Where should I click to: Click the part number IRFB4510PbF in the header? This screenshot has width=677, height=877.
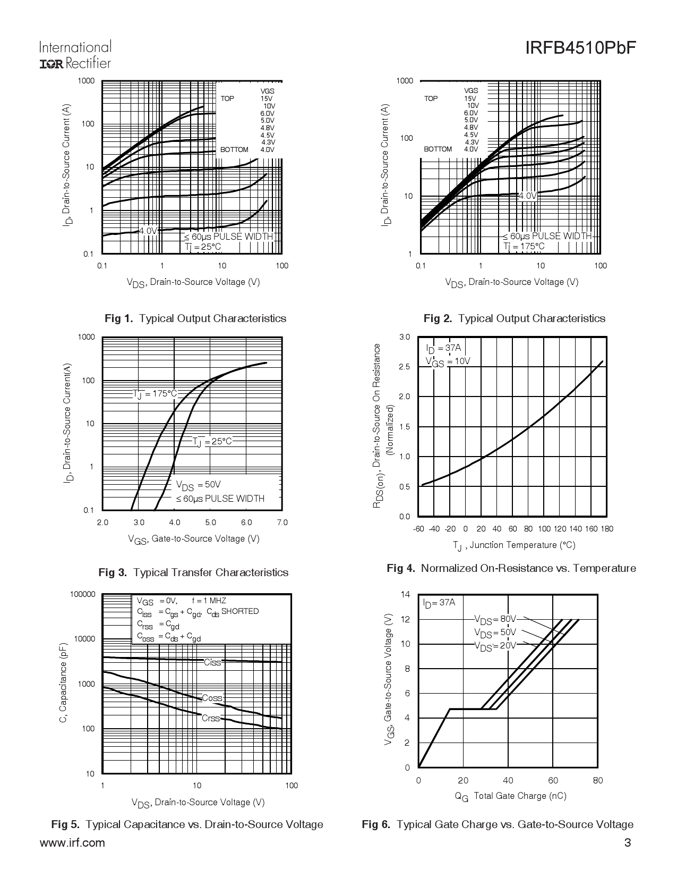pyautogui.click(x=580, y=49)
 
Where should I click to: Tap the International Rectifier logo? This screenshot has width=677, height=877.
pyautogui.click(x=75, y=55)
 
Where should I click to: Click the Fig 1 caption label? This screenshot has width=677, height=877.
pyautogui.click(x=195, y=318)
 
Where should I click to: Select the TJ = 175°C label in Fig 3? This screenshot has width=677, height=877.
pyautogui.click(x=155, y=394)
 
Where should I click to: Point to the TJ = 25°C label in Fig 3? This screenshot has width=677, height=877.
pyautogui.click(x=212, y=441)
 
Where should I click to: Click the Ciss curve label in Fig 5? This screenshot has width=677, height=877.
pyautogui.click(x=212, y=662)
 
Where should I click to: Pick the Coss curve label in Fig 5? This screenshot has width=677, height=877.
pyautogui.click(x=212, y=698)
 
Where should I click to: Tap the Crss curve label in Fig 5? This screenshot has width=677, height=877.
pyautogui.click(x=211, y=718)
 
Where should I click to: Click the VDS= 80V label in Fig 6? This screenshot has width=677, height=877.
pyautogui.click(x=495, y=619)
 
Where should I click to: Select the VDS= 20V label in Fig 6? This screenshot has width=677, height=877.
pyautogui.click(x=495, y=646)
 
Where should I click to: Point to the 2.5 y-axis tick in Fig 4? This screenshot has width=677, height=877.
pyautogui.click(x=405, y=367)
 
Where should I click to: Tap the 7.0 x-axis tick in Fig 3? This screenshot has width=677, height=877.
pyautogui.click(x=282, y=522)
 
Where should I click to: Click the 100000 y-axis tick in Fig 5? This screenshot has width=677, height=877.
pyautogui.click(x=83, y=594)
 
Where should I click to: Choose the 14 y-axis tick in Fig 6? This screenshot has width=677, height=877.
pyautogui.click(x=406, y=594)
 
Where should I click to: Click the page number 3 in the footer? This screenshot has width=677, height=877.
pyautogui.click(x=628, y=843)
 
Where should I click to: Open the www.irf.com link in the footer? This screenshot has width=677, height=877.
pyautogui.click(x=72, y=843)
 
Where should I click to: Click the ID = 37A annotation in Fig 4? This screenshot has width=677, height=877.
pyautogui.click(x=444, y=349)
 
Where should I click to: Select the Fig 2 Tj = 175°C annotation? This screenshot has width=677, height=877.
pyautogui.click(x=524, y=246)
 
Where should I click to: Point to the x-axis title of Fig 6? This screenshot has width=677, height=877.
pyautogui.click(x=510, y=796)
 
